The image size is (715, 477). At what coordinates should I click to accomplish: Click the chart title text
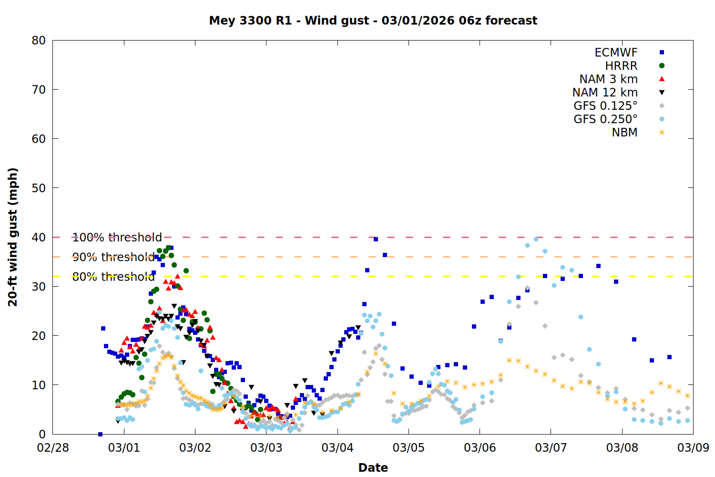tap(373, 21)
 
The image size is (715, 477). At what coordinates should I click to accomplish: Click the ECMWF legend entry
tap(616, 52)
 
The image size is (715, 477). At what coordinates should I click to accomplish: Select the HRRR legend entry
tap(621, 66)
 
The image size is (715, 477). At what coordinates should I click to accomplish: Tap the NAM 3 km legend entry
tap(608, 79)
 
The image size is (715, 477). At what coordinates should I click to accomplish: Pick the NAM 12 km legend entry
tap(605, 93)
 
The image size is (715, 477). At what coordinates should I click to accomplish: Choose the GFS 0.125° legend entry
tap(605, 106)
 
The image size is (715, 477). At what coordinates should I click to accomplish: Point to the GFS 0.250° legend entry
tap(605, 119)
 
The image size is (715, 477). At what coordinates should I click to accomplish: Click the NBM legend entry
tap(624, 133)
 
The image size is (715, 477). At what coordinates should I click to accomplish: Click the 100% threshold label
tap(117, 238)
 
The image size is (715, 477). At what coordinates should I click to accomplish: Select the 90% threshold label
tap(113, 257)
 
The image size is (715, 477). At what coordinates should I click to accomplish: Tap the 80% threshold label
tap(113, 277)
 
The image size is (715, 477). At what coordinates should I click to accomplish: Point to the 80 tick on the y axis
tap(39, 41)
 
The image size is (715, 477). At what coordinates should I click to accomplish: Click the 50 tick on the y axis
tap(39, 188)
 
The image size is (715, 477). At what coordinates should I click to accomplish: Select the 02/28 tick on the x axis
tap(53, 448)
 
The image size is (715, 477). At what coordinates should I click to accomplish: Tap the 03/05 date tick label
tap(409, 448)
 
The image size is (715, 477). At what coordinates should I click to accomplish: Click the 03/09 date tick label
tap(693, 448)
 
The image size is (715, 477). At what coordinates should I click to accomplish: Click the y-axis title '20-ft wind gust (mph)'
tap(13, 237)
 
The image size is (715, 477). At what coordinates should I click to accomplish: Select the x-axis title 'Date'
tap(373, 467)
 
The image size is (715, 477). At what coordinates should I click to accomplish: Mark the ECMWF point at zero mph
tap(100, 434)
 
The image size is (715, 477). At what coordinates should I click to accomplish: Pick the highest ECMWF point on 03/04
tap(376, 239)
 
